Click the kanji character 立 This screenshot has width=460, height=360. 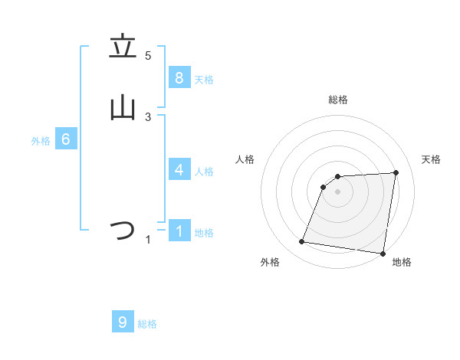tap(123, 47)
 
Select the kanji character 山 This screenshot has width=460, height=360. tap(123, 108)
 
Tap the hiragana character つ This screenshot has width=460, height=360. tap(123, 231)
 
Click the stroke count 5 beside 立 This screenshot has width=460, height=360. tap(148, 55)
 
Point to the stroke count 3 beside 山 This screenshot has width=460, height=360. tap(148, 116)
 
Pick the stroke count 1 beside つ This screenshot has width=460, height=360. tap(148, 240)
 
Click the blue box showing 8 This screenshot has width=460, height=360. tap(179, 77)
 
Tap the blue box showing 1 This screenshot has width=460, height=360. tap(179, 231)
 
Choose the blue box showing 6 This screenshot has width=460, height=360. tap(66, 139)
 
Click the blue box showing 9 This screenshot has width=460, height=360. tap(123, 322)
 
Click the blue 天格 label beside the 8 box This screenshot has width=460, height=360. tap(204, 80)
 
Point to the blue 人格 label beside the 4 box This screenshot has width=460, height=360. tap(204, 172)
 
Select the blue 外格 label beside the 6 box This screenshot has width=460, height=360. tap(41, 141)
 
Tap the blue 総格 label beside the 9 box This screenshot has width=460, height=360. tap(147, 325)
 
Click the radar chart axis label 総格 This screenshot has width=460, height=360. tap(337, 100)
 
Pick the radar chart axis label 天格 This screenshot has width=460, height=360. tap(432, 159)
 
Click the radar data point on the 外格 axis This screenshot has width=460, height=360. tap(301, 242)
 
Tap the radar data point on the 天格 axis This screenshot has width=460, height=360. tap(396, 172)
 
